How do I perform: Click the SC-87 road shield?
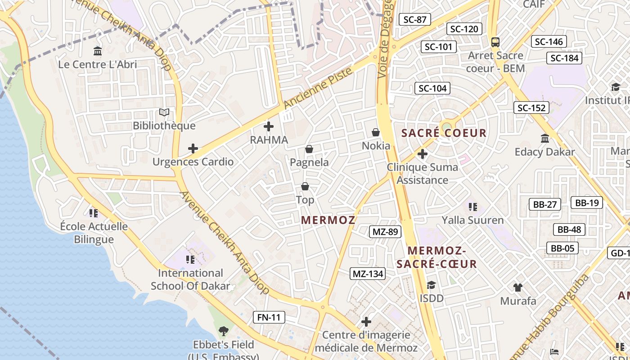click(414, 19)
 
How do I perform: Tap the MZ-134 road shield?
click(368, 274)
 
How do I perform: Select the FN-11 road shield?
click(269, 317)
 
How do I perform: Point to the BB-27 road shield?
click(544, 204)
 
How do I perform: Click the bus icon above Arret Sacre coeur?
click(495, 42)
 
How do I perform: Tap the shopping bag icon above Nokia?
click(376, 132)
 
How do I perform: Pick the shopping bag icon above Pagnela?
click(309, 149)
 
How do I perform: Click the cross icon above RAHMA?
click(269, 126)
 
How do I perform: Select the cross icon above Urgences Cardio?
click(193, 148)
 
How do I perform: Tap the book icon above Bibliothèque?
click(164, 112)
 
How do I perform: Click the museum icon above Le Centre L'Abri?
click(98, 51)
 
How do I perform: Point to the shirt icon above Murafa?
click(518, 287)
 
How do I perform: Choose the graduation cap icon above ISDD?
click(431, 285)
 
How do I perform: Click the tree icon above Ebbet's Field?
click(223, 332)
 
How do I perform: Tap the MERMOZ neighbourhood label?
click(328, 220)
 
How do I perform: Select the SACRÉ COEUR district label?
click(444, 133)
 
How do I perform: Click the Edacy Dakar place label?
click(544, 152)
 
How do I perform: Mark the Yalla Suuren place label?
click(472, 220)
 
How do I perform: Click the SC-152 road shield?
click(531, 108)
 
